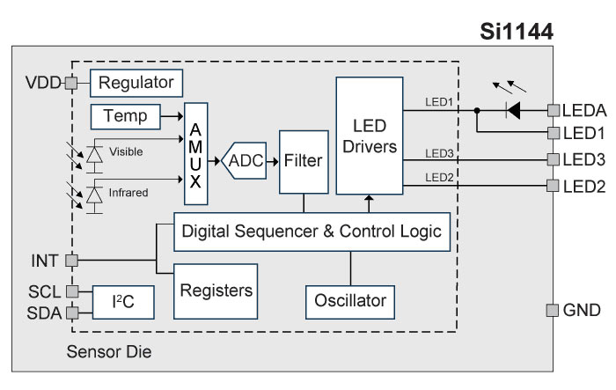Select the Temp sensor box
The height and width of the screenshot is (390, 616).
(x=126, y=116)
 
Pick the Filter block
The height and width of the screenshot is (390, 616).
(x=304, y=162)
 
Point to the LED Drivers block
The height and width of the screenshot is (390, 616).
(x=368, y=135)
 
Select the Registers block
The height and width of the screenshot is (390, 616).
(x=216, y=290)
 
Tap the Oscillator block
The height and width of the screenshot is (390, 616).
(x=350, y=300)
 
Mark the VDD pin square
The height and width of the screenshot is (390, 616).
(x=71, y=85)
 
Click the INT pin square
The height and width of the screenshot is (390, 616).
(x=71, y=261)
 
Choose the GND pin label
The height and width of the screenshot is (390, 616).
(x=582, y=310)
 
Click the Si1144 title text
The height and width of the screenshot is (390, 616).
(x=516, y=33)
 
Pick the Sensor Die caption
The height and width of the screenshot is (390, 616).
(x=110, y=353)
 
